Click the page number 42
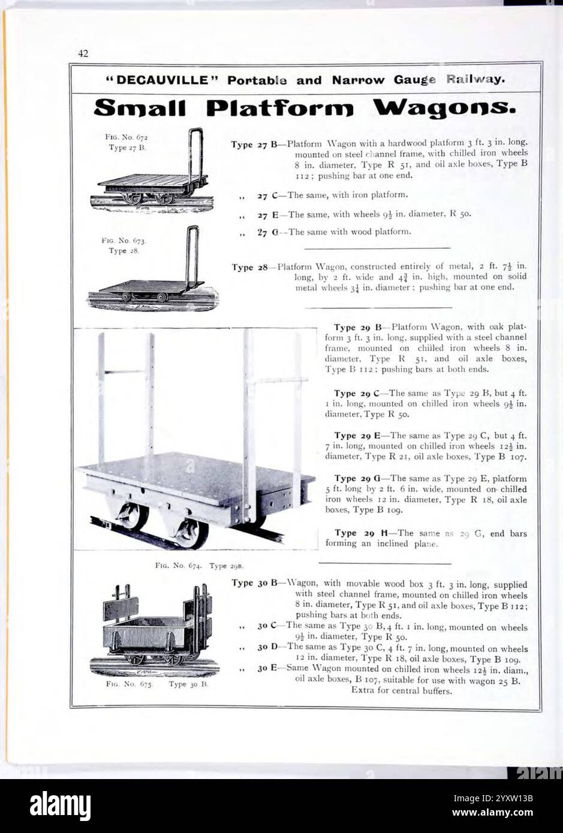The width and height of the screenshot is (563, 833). point(83,54)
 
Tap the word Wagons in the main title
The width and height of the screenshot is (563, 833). point(444,108)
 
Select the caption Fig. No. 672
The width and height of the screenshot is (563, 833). point(122,137)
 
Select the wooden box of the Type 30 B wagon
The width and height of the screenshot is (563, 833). point(147,632)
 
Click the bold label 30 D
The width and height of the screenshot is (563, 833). point(267,647)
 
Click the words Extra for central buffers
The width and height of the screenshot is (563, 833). point(401,690)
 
